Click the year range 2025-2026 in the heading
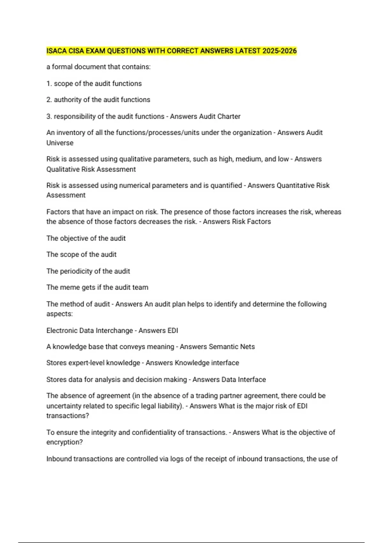click(x=280, y=51)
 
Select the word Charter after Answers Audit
click(x=229, y=116)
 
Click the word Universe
click(x=60, y=143)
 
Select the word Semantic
click(x=223, y=347)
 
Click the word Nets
click(x=248, y=347)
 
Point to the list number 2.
click(x=49, y=100)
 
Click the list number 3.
click(x=49, y=116)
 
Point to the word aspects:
click(x=59, y=314)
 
